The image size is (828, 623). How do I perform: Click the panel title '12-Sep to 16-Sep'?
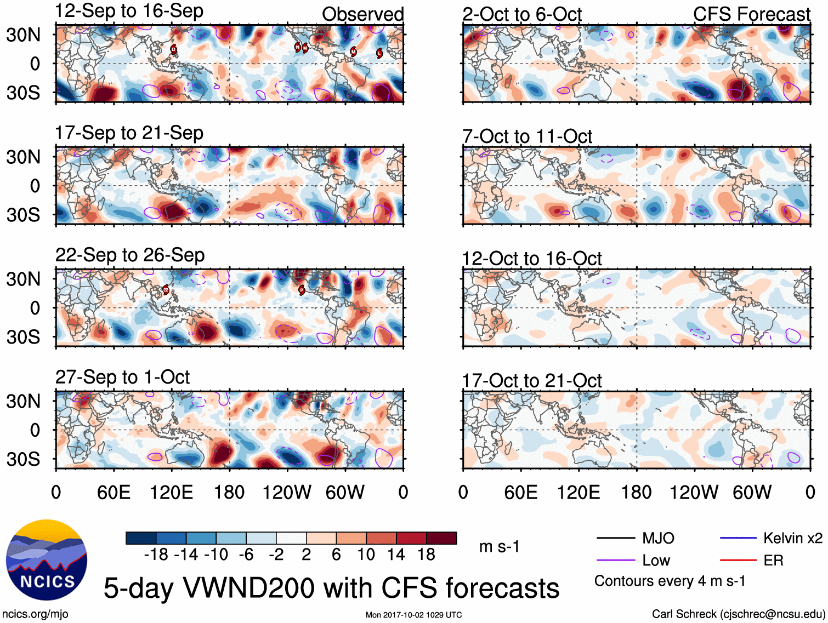[x=129, y=11]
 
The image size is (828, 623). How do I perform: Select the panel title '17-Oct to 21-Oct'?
[x=532, y=380]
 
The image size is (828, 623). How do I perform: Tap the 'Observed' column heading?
[x=362, y=14]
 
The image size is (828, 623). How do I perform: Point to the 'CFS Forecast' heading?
[x=751, y=14]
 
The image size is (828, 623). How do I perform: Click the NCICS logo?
[x=47, y=560]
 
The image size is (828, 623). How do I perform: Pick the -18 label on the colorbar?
[x=156, y=555]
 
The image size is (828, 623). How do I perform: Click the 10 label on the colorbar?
[x=366, y=555]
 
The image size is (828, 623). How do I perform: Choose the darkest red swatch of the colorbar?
[x=441, y=538]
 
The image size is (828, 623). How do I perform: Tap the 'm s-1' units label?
[x=499, y=546]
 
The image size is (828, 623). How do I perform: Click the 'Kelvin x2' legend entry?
[x=792, y=538]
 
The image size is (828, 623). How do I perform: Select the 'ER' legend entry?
[x=773, y=561]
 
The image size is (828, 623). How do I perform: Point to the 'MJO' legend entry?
[x=658, y=538]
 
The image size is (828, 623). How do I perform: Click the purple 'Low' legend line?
[x=615, y=561]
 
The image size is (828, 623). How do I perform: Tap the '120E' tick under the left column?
[x=172, y=492]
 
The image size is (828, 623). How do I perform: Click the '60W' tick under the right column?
[x=752, y=492]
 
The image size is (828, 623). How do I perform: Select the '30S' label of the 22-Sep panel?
[x=23, y=336]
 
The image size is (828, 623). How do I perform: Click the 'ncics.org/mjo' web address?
[x=35, y=614]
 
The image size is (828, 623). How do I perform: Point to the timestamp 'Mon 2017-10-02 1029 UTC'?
[x=413, y=615]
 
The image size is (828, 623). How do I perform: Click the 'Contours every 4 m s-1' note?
[x=670, y=581]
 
